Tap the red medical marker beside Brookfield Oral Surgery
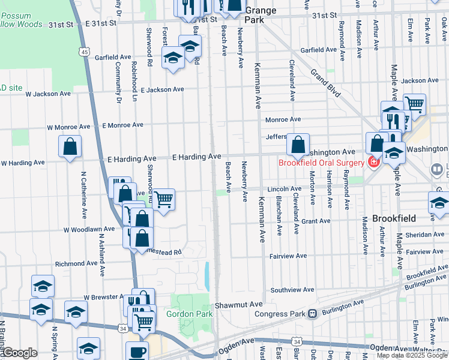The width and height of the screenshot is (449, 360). pos(373,162)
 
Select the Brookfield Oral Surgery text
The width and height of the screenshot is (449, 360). pos(321,163)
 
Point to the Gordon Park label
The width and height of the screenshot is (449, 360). pos(189,314)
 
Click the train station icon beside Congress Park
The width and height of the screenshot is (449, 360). pos(312,313)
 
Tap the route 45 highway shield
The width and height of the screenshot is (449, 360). pos(85,53)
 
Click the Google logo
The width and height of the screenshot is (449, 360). pos(19,353)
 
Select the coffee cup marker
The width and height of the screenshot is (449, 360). pos(136,351)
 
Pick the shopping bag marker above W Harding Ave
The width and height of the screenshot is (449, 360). pos(70,146)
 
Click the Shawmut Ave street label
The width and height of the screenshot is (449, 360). pos(239,305)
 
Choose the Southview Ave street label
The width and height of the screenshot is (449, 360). pos(292,290)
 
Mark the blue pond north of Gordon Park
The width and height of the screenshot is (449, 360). pos(207,277)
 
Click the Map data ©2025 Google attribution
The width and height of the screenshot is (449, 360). pos(411,355)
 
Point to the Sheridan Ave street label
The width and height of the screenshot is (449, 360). pos(424,235)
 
